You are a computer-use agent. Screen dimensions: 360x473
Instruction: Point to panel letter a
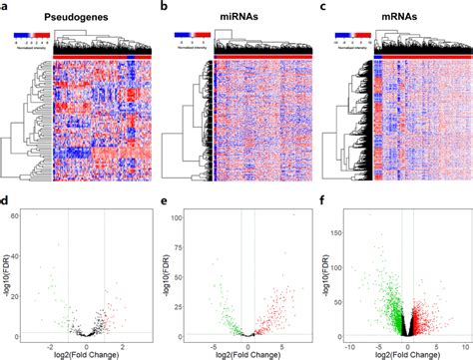point(6,8)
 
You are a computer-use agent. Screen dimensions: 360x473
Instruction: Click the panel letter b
point(166,8)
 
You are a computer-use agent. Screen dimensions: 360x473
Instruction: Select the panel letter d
point(6,202)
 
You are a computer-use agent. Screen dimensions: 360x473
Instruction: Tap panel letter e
point(166,202)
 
